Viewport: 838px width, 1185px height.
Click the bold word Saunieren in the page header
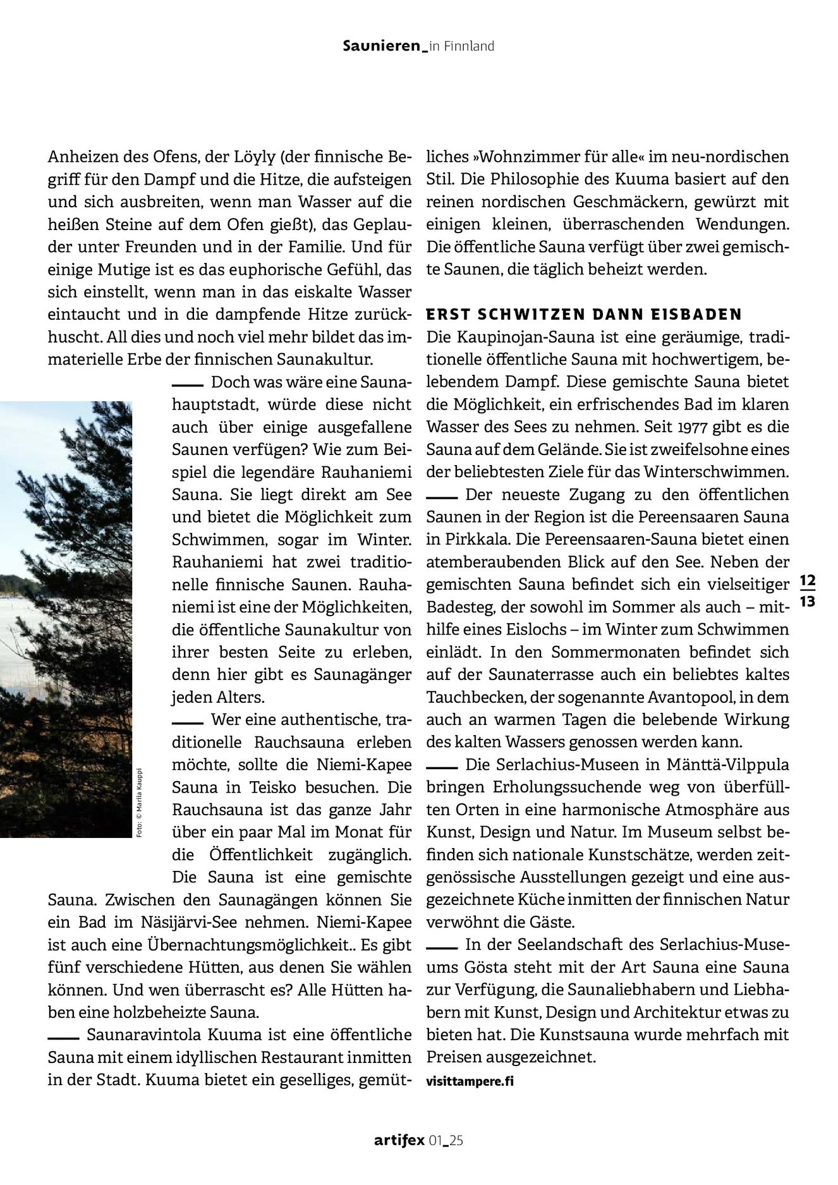tap(381, 46)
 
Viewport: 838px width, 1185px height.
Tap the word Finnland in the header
tap(470, 46)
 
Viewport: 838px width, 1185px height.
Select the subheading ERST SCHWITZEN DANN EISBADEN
tap(584, 315)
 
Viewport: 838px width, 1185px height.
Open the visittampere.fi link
tap(470, 1081)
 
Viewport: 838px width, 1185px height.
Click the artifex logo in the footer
tap(399, 1141)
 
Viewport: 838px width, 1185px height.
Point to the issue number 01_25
tap(446, 1141)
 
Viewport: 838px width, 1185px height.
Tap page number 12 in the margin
tap(808, 580)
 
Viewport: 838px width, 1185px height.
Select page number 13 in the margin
tap(808, 602)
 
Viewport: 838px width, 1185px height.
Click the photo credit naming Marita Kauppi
tap(139, 803)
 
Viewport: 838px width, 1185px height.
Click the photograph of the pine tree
tap(66, 619)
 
